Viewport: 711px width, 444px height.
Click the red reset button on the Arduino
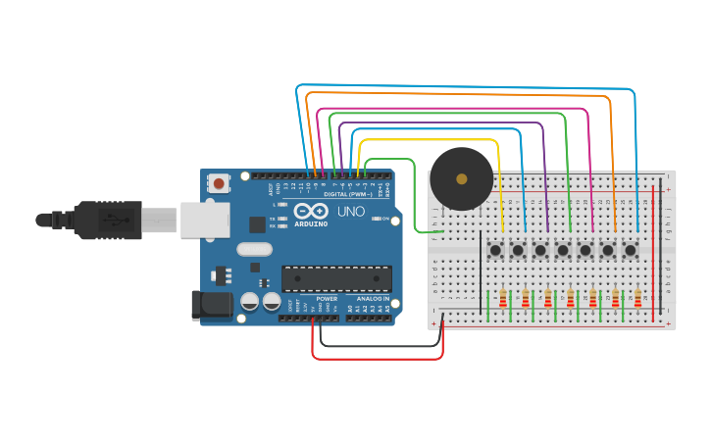pyautogui.click(x=219, y=183)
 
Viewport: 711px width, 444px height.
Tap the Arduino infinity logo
pyautogui.click(x=309, y=212)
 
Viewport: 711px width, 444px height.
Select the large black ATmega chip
pyautogui.click(x=336, y=278)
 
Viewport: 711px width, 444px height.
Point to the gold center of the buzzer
pyautogui.click(x=461, y=178)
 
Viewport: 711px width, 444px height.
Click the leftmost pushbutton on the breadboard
pyautogui.click(x=495, y=250)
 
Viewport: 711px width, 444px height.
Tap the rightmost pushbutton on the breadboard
pyautogui.click(x=631, y=250)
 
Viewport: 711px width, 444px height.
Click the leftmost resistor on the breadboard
pyautogui.click(x=503, y=298)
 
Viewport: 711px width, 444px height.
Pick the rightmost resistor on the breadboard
pyautogui.click(x=637, y=298)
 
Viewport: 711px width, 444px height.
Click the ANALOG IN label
pyautogui.click(x=373, y=298)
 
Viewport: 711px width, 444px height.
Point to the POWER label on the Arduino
pyautogui.click(x=327, y=298)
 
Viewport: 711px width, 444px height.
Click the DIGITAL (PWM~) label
pyautogui.click(x=347, y=194)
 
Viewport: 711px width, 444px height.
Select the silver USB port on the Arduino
pyautogui.click(x=205, y=220)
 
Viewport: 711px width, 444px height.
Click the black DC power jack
pyautogui.click(x=211, y=306)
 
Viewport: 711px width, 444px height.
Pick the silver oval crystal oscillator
pyautogui.click(x=254, y=249)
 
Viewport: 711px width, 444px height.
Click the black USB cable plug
pyautogui.click(x=108, y=220)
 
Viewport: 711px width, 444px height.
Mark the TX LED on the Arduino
pyautogui.click(x=282, y=218)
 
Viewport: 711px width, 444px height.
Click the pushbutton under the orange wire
pyautogui.click(x=608, y=250)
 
